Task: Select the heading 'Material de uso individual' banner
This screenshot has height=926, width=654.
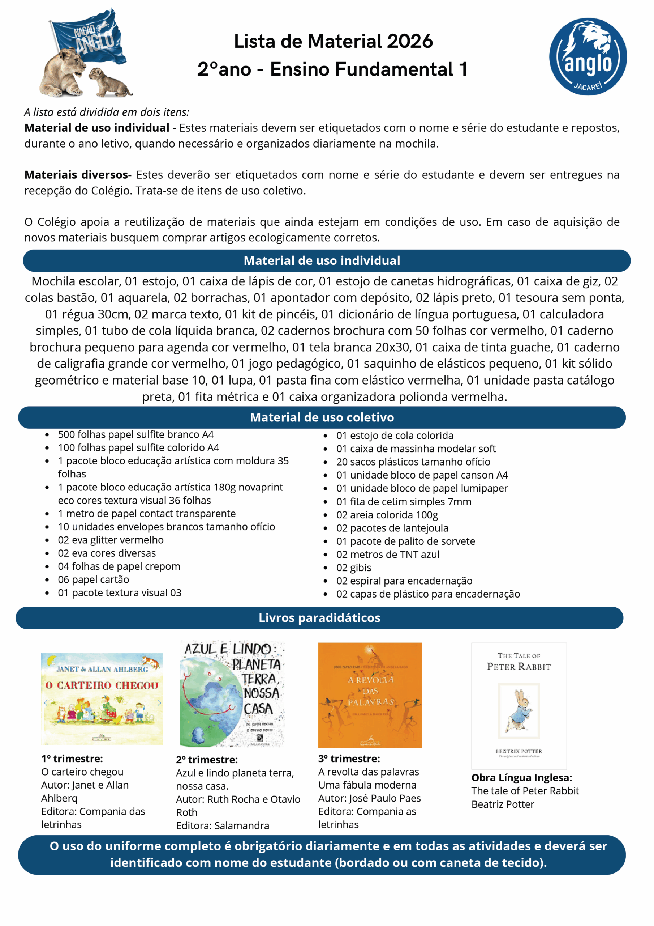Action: coord(322,260)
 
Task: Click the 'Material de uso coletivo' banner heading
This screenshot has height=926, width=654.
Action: coord(322,417)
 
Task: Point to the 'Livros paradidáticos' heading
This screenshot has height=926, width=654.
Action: coord(319,617)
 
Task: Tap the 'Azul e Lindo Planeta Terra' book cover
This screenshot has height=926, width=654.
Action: coord(232,693)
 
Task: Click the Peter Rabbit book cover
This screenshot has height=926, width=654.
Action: coord(519,705)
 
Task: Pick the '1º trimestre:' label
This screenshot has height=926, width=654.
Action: coord(72,759)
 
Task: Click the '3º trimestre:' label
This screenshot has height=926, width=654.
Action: coord(349,759)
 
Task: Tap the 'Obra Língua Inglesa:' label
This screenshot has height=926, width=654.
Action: coord(521,778)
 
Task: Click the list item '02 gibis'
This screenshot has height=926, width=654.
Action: coord(354,568)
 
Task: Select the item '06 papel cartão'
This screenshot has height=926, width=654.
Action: coord(94,579)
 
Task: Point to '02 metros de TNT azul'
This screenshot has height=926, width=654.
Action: coord(388,555)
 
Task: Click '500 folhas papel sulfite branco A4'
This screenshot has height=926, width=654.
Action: coord(136,434)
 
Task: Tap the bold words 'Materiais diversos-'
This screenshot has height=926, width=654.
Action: coord(78,175)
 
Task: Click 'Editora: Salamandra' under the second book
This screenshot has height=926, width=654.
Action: coord(223,825)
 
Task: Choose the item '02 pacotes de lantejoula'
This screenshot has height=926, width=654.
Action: coord(392,528)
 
